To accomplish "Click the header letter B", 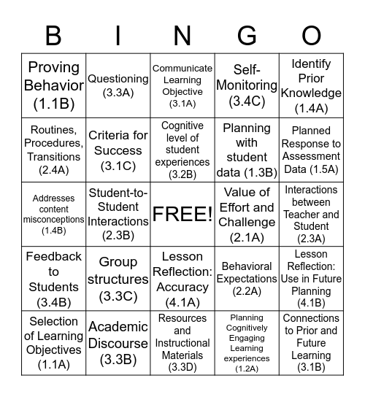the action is (x=53, y=35).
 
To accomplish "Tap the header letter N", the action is (x=182, y=35).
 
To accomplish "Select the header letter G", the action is (x=247, y=35).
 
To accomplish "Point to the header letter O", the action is (x=311, y=35).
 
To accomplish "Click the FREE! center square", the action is (x=182, y=214).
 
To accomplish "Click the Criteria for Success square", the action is (x=118, y=150).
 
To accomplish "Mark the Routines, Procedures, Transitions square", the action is (x=54, y=150).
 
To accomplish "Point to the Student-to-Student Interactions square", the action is (x=118, y=214).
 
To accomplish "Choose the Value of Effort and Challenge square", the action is (x=247, y=214).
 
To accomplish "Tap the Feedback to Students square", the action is (x=54, y=279).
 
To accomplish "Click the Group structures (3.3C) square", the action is (x=118, y=279).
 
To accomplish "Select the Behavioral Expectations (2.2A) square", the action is (x=247, y=279).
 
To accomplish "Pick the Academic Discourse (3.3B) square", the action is (x=118, y=342).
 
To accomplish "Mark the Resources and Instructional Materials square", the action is (x=182, y=342).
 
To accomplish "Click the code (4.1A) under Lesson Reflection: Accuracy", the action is (x=182, y=303).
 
